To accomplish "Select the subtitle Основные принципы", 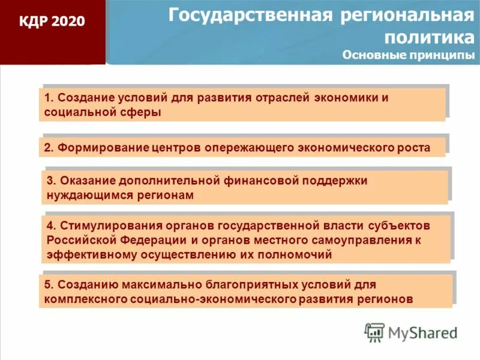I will tap(408, 55).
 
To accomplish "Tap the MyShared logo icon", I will tap(374, 332).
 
